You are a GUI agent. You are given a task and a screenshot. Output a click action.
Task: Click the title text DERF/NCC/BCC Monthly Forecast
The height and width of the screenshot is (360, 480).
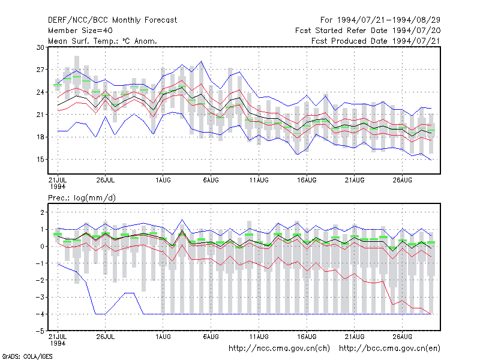(112, 20)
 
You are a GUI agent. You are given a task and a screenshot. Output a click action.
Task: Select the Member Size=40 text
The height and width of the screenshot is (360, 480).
(80, 31)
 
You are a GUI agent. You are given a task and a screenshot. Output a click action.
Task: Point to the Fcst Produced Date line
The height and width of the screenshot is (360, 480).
(376, 41)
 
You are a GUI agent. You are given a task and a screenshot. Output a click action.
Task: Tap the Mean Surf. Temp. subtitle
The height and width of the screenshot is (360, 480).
(103, 41)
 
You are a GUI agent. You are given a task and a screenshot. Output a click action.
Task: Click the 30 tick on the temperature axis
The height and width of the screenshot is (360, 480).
(40, 47)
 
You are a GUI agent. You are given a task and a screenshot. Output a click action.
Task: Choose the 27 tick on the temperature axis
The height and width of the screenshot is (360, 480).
(40, 70)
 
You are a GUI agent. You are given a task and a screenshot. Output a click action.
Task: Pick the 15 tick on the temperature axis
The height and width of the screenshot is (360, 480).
(40, 160)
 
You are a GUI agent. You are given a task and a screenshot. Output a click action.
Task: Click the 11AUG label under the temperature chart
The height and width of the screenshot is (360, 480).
(259, 180)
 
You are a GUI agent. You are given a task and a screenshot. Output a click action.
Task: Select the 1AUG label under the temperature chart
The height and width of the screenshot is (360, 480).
(163, 180)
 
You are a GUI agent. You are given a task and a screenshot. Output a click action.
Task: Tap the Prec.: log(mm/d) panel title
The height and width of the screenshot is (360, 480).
(82, 198)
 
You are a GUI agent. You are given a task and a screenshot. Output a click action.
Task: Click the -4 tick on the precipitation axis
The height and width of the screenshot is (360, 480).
(40, 314)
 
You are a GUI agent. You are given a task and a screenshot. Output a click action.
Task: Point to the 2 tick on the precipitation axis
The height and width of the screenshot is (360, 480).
(42, 212)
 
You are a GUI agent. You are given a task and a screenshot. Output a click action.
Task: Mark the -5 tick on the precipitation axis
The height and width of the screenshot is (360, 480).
(40, 331)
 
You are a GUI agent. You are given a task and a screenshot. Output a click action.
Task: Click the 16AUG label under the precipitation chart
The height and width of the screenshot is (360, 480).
(307, 337)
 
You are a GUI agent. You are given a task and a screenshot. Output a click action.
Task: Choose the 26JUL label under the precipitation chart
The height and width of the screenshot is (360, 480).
(106, 337)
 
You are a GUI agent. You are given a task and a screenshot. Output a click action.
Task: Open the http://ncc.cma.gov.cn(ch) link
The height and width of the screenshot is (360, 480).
(279, 349)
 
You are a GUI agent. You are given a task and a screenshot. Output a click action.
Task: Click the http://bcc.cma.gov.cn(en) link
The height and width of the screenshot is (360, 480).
(389, 349)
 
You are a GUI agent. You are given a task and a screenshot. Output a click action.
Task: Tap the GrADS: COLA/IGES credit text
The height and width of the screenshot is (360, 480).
(27, 356)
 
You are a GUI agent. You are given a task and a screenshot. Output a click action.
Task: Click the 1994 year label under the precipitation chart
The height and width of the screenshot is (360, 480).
(58, 343)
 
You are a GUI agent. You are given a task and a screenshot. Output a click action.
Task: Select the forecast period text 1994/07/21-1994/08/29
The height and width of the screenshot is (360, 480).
(389, 20)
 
